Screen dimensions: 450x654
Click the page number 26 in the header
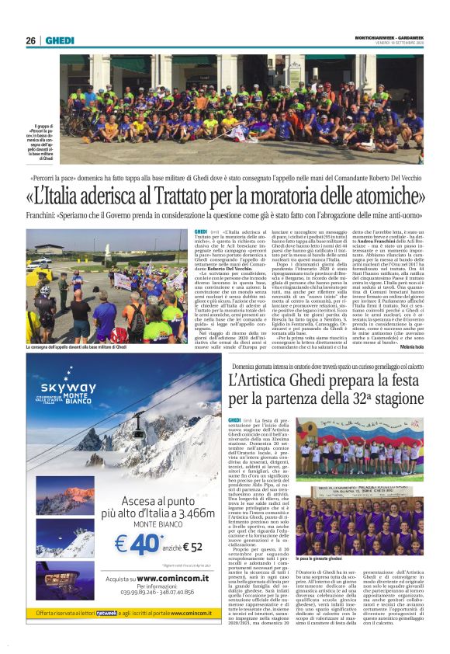[x=30, y=41]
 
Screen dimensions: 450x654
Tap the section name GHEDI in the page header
[x=59, y=41]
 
